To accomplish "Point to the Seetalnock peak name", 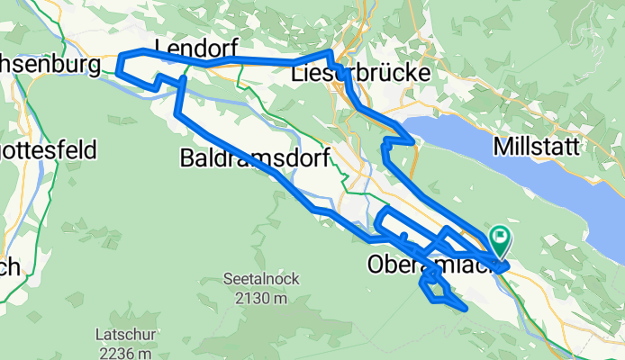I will [x=258, y=281].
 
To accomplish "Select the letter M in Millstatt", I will [x=501, y=145].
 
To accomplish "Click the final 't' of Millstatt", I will [x=574, y=145].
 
